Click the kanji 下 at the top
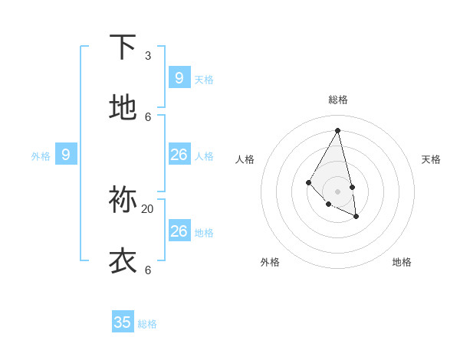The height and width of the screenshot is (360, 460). [123, 47]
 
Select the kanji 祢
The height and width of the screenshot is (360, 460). [123, 200]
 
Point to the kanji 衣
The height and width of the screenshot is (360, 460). [123, 261]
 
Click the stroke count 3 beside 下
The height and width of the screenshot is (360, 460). [148, 55]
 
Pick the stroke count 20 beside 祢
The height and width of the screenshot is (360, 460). [148, 208]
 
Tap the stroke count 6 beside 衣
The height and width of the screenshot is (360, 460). [148, 270]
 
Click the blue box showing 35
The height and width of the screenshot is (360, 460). [123, 322]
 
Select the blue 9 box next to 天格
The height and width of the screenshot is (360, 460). [179, 78]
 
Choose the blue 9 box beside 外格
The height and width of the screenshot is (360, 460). [66, 155]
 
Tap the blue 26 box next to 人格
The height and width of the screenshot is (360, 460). [179, 155]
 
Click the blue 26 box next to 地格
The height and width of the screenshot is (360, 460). [179, 231]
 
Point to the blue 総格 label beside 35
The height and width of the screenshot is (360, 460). [147, 324]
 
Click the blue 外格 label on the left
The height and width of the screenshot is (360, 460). [41, 156]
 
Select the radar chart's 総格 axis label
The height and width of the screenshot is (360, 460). [338, 100]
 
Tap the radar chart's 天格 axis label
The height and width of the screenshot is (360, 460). [432, 159]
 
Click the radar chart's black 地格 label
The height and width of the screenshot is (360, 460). [402, 262]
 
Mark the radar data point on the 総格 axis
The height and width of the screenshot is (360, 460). [338, 130]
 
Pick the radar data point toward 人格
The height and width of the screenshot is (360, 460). [308, 182]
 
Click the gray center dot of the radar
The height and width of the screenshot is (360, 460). [338, 191]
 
